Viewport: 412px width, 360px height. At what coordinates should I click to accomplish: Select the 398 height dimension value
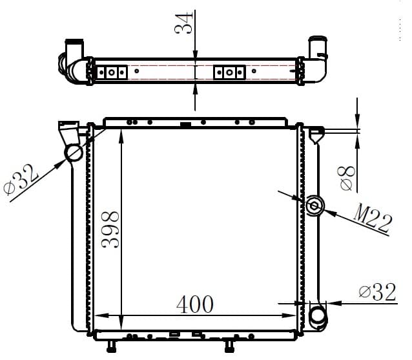coord(109,229)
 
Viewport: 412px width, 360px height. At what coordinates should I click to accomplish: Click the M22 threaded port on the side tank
coord(314,206)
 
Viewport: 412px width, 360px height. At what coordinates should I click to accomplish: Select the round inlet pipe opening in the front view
coord(74,154)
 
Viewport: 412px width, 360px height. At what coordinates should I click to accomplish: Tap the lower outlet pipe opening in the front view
coord(318,317)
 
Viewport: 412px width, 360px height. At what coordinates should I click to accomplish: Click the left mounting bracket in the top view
coord(112,72)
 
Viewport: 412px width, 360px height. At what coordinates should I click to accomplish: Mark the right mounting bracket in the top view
coord(229,71)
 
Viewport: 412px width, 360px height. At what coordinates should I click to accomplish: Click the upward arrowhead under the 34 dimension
coord(195,89)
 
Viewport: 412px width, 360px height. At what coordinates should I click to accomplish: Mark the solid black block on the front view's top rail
coord(186,124)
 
